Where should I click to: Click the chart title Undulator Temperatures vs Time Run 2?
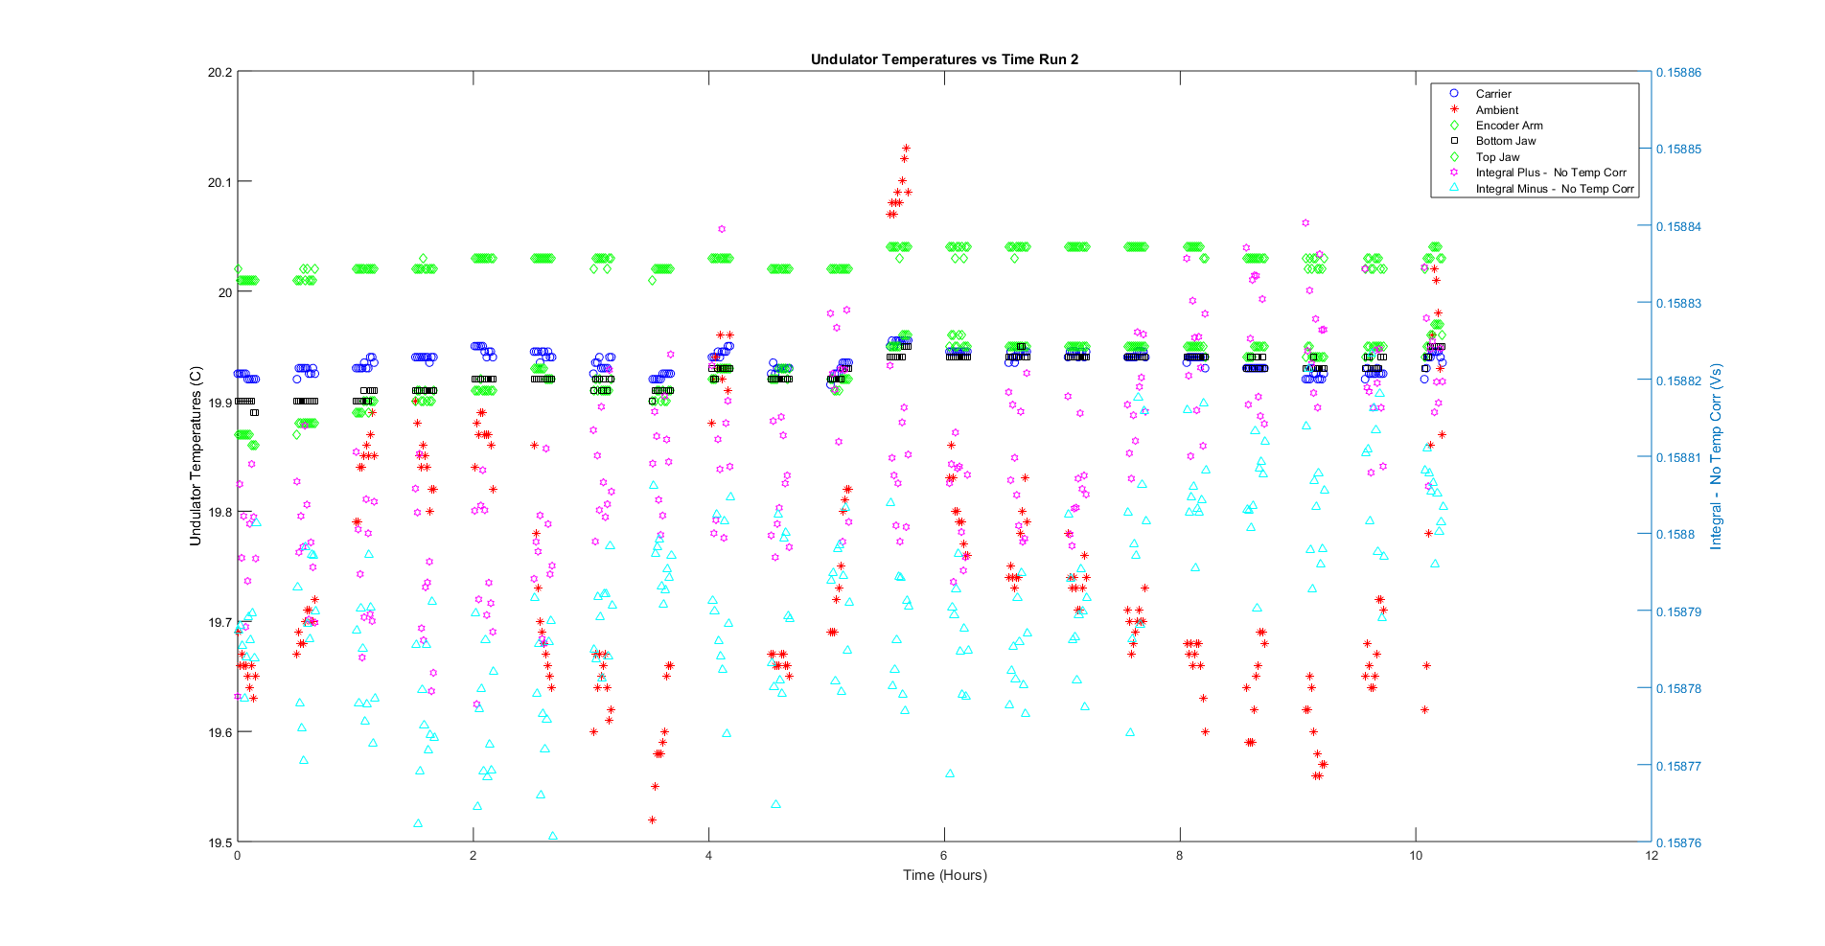click(944, 59)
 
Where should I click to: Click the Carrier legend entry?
click(1493, 94)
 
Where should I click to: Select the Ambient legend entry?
click(1496, 110)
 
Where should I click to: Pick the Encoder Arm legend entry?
click(1509, 126)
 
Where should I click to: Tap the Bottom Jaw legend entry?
click(1505, 141)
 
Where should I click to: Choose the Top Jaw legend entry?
click(1497, 157)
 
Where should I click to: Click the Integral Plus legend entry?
click(1550, 173)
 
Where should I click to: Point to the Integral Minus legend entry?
click(1554, 189)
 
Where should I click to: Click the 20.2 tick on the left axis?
click(219, 72)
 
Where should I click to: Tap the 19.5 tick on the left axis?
click(219, 842)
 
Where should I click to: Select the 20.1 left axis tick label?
click(219, 182)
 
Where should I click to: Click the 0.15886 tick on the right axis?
click(1678, 72)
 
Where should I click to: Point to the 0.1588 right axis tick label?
click(1675, 535)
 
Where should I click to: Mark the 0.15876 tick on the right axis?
click(1678, 843)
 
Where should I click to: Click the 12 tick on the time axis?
click(1652, 856)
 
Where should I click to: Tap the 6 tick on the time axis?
click(944, 856)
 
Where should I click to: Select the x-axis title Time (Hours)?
click(944, 874)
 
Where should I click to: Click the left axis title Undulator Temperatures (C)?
click(196, 456)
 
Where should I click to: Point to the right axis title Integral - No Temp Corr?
click(1716, 456)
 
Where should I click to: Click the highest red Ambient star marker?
click(906, 149)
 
